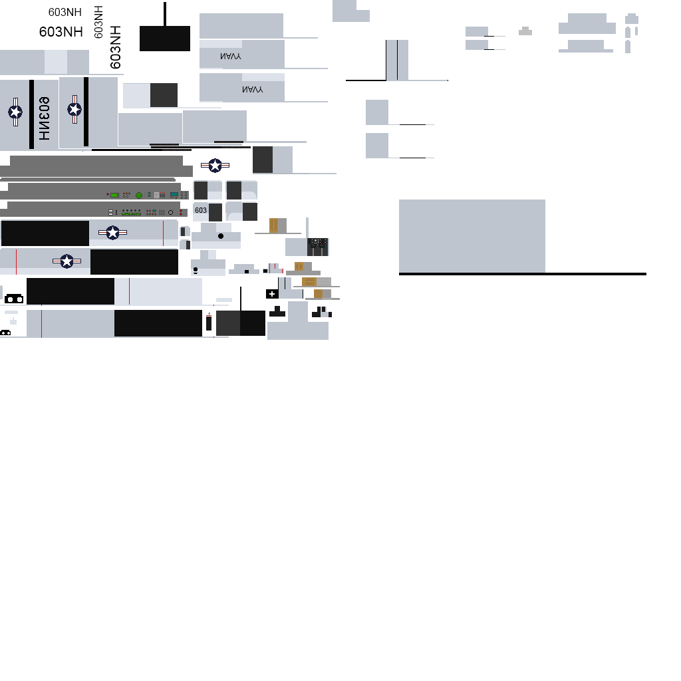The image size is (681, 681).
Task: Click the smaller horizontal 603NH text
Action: [65, 12]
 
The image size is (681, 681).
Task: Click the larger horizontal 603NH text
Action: [61, 31]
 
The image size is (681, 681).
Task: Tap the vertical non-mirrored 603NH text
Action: [116, 47]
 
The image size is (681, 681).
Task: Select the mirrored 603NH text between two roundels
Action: [44, 118]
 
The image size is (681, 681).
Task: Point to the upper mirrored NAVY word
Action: [231, 57]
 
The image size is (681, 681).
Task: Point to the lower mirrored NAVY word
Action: [252, 89]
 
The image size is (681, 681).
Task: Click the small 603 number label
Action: [201, 210]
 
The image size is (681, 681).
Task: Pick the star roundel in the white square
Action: [214, 165]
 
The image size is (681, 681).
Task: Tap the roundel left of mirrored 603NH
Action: [15, 112]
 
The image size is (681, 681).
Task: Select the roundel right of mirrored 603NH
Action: [74, 110]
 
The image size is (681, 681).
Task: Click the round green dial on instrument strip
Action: [139, 195]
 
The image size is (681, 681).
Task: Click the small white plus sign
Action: [272, 293]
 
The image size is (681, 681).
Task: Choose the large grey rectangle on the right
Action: [472, 235]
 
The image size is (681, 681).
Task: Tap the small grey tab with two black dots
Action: [525, 30]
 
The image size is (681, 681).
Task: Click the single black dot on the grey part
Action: [221, 236]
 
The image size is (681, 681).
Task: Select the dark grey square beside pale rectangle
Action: [164, 95]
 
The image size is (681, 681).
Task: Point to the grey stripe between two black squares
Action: [397, 60]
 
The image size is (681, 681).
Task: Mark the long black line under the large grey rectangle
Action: [522, 273]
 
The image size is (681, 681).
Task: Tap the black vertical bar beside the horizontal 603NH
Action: [98, 23]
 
